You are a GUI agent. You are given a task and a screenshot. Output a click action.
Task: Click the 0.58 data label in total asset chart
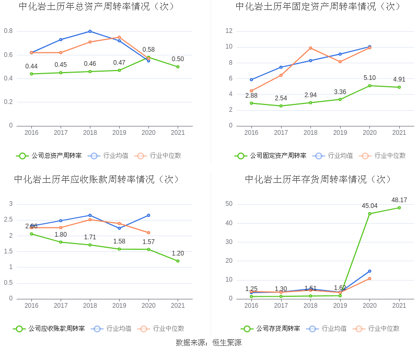click(148, 50)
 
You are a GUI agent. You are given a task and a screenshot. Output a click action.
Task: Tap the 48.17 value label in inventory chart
click(399, 200)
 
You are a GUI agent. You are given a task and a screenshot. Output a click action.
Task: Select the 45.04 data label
click(369, 206)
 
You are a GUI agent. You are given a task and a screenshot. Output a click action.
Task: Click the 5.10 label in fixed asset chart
click(369, 78)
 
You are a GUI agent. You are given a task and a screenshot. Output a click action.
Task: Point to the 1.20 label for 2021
click(178, 253)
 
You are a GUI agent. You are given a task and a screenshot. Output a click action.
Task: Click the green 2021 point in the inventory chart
click(399, 207)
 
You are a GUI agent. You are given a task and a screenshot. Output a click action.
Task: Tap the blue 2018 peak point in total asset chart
click(90, 31)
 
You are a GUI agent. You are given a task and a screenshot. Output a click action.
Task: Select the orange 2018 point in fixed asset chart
click(310, 48)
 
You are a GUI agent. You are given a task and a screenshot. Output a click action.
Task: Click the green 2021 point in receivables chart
click(178, 261)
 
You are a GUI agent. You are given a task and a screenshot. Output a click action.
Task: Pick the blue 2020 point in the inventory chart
click(369, 271)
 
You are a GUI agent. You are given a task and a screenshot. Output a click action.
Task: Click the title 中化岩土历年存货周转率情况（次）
click(318, 179)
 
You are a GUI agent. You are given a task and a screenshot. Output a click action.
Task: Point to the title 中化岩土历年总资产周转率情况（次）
click(97, 6)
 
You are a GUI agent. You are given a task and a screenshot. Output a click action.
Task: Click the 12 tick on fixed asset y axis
click(229, 31)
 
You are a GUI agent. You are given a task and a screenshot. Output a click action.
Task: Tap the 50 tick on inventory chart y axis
click(228, 204)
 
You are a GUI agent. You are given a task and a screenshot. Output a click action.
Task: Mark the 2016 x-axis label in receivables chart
click(31, 306)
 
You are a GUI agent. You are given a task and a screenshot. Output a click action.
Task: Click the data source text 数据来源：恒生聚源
click(208, 343)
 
